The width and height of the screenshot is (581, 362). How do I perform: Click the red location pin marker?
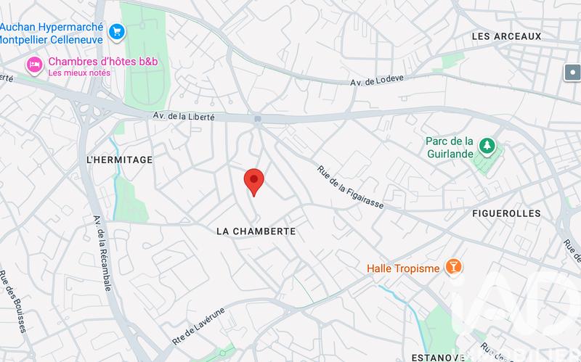click(x=253, y=181)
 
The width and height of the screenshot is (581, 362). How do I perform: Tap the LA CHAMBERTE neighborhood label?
click(x=256, y=231)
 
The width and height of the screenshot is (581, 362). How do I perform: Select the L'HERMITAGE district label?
click(x=119, y=160)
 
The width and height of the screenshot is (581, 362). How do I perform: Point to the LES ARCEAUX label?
click(x=506, y=36)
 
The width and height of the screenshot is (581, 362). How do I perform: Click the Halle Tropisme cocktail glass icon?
click(x=453, y=268)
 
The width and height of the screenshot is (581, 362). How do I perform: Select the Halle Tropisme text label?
click(x=403, y=268)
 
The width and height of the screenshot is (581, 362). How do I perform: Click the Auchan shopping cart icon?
click(x=116, y=31)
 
